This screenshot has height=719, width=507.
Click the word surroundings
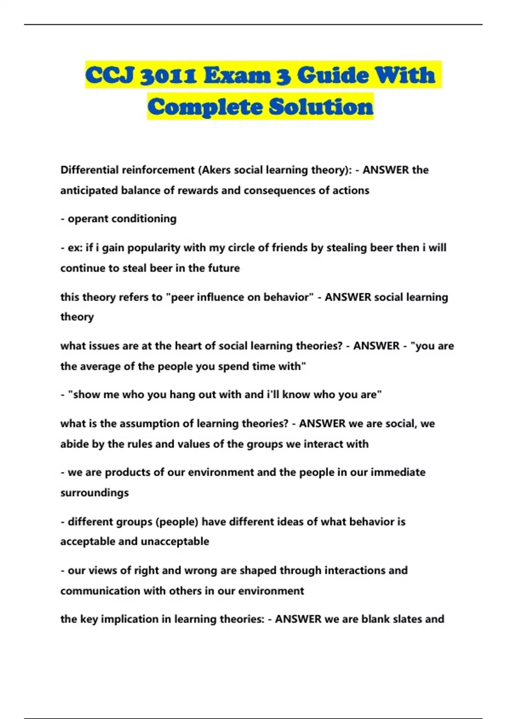click(94, 493)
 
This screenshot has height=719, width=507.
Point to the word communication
click(100, 590)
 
